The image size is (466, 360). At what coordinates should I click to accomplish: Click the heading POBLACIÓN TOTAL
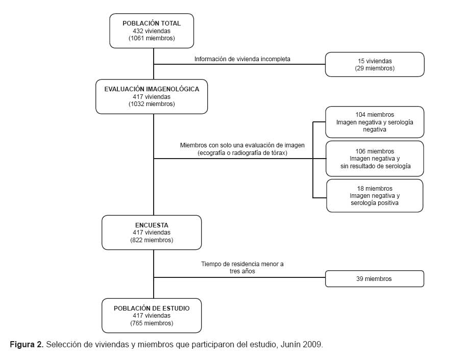pos(152,23)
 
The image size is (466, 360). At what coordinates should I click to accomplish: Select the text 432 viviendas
pos(152,31)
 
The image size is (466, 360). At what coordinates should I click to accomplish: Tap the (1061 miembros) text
pos(152,38)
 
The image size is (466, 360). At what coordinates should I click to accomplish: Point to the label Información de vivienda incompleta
pos(242,59)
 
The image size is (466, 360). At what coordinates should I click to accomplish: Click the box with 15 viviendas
pos(375,64)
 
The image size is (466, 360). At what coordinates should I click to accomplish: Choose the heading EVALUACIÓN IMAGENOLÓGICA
pos(152,89)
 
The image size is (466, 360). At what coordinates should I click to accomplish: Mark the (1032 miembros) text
pos(152,104)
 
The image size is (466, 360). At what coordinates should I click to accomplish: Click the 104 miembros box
pos(375,122)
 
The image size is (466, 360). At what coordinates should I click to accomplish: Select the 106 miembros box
pos(375,159)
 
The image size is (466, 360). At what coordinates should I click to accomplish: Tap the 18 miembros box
pos(375,196)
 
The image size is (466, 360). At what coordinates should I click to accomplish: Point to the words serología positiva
pos(375,203)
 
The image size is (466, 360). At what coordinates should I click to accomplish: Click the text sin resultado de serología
pos(375,166)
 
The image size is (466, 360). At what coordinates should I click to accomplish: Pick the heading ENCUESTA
pos(152,225)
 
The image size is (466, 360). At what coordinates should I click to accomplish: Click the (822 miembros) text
pos(152,240)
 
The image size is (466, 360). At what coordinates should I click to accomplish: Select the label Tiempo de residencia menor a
pos(242,264)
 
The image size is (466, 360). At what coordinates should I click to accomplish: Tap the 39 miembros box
pos(375,278)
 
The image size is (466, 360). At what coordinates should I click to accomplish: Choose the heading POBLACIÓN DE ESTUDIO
pos(152,308)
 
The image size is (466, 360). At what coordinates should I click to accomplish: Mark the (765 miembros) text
pos(152,323)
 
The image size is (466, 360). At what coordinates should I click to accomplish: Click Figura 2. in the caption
pos(27,345)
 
